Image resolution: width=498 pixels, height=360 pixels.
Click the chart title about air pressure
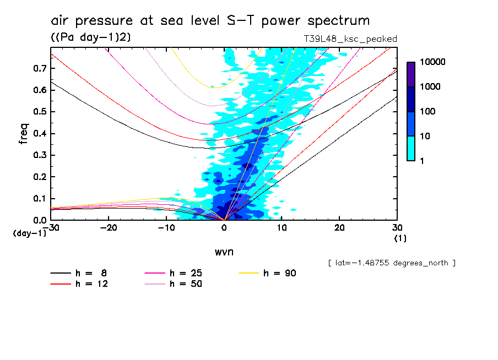(210, 21)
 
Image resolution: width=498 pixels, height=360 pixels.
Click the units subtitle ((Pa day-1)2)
(90, 37)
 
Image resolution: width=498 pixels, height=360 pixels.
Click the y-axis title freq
(23, 133)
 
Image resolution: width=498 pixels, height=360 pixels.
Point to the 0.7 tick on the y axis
(39, 68)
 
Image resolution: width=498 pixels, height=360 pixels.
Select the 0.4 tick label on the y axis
(39, 133)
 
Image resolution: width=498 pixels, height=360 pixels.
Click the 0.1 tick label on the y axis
(39, 198)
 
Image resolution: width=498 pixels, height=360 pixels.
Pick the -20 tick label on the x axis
(108, 228)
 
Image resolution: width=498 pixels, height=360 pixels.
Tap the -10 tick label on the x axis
(166, 228)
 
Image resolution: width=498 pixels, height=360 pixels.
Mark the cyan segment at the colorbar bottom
(411, 148)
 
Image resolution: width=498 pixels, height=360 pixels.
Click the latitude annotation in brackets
(391, 263)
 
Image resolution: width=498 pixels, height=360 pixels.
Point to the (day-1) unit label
(30, 233)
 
